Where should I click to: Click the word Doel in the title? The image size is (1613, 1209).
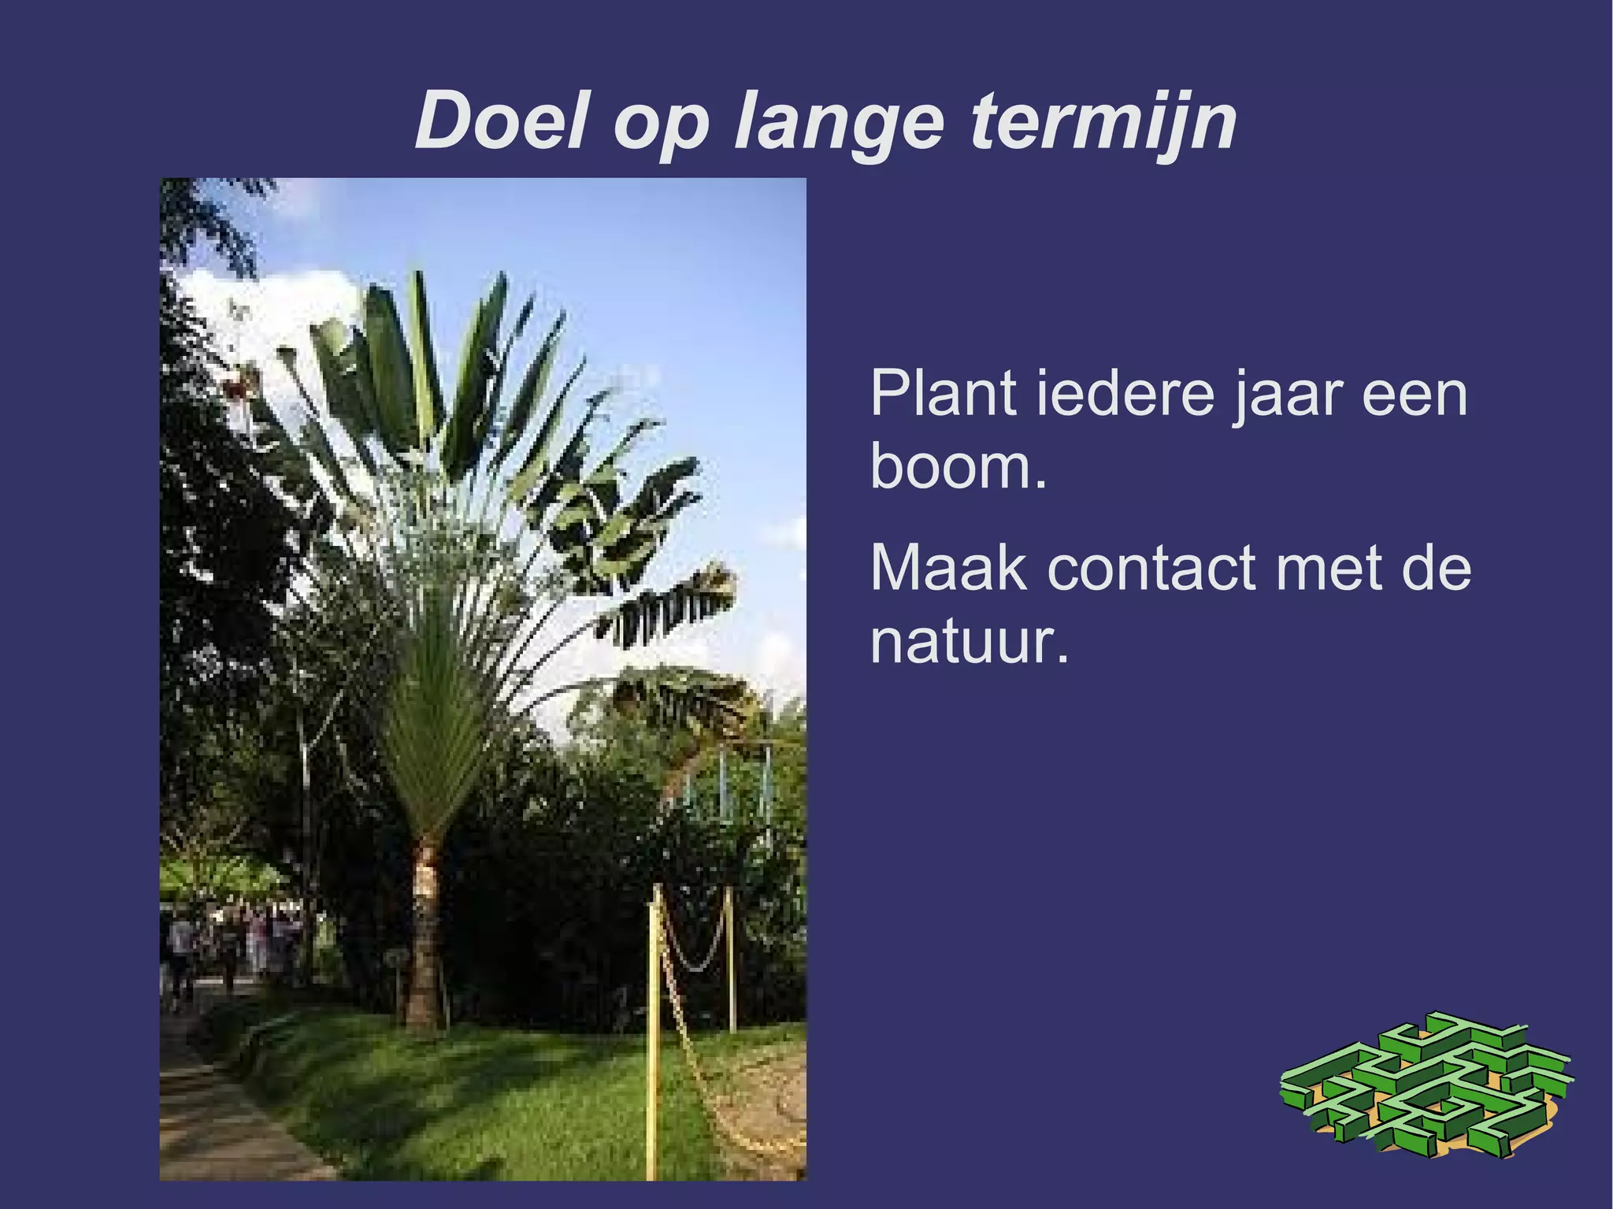502,121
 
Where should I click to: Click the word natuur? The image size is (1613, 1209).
969,641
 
